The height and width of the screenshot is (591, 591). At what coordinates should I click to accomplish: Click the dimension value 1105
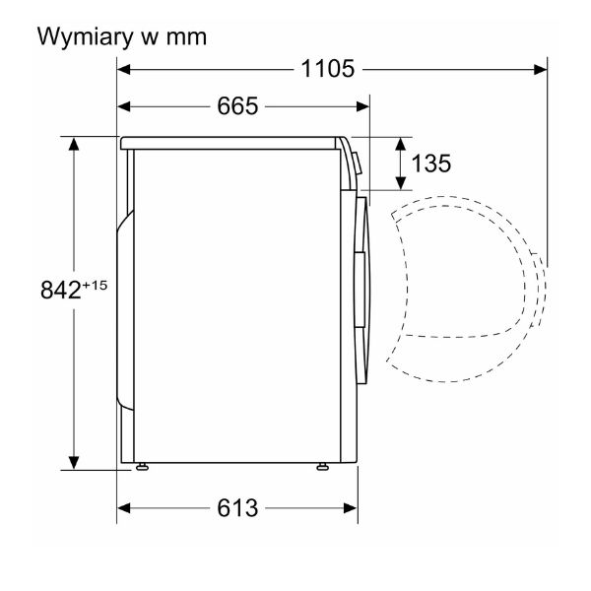[x=328, y=69]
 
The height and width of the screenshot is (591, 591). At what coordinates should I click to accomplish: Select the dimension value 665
[x=237, y=106]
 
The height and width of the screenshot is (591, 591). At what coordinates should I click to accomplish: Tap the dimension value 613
[x=237, y=507]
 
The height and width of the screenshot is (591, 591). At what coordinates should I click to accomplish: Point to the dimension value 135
[x=430, y=164]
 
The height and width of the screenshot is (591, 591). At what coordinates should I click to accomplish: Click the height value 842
[x=61, y=290]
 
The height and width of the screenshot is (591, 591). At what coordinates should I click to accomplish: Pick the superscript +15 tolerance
[x=95, y=285]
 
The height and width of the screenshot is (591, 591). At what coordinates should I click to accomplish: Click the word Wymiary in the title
[x=86, y=37]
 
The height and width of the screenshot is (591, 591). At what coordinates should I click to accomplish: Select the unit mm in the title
[x=186, y=38]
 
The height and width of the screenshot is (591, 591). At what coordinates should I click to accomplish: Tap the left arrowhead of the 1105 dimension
[x=124, y=69]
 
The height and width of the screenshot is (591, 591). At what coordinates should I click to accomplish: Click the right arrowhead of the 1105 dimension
[x=540, y=70]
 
